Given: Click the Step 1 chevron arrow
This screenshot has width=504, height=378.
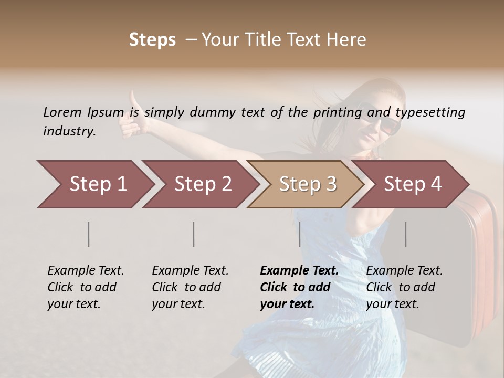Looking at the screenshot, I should [94, 184].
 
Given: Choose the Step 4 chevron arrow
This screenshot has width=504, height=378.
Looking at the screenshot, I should [412, 184].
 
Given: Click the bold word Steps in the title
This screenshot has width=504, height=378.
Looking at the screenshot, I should [152, 40].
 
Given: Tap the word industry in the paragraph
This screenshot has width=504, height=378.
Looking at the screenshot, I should [69, 131].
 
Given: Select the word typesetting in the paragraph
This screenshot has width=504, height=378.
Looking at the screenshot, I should [430, 112].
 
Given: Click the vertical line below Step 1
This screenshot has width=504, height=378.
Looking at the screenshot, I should [89, 234].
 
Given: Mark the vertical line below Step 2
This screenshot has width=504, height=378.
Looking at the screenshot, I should [194, 234].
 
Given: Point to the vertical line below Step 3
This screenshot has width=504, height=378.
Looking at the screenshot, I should [300, 234].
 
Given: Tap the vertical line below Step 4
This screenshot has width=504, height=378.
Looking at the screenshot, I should [406, 234].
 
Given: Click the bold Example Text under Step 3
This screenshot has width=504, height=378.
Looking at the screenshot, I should [299, 270].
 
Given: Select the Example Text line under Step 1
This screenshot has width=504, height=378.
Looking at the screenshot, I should [86, 270].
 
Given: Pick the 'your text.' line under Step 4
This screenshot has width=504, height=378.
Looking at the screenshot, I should [393, 304].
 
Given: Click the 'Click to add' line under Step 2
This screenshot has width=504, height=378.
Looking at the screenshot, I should [186, 287].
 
